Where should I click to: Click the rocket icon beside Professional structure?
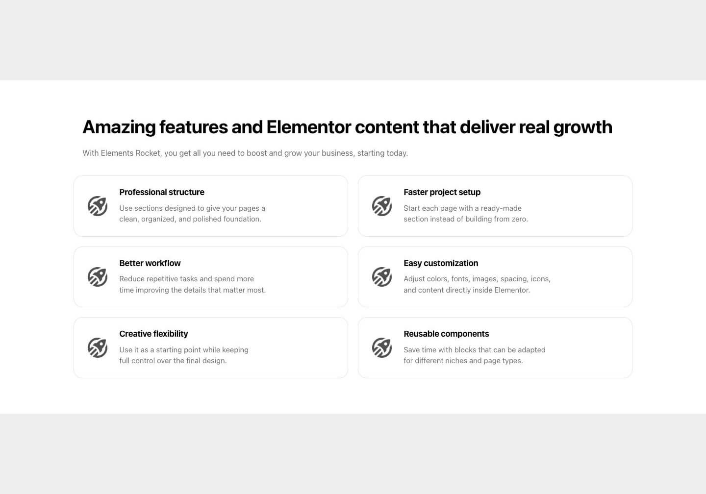(x=98, y=206)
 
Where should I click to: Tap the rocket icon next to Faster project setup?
(x=381, y=206)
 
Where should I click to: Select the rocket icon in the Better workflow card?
(x=98, y=277)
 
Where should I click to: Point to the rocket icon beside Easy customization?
(x=381, y=277)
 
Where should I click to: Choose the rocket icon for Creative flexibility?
(x=98, y=347)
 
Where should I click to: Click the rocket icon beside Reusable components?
(x=381, y=347)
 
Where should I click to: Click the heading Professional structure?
(x=162, y=192)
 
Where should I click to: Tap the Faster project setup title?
(x=442, y=192)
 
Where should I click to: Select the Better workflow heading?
(x=150, y=263)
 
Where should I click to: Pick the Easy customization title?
(x=441, y=263)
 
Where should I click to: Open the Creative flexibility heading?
(x=153, y=334)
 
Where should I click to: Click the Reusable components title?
(x=446, y=334)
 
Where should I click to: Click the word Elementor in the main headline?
(x=308, y=127)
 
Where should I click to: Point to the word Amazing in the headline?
(x=119, y=127)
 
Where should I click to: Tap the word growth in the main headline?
(x=583, y=127)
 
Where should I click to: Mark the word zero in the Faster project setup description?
(x=519, y=219)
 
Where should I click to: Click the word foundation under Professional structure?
(x=242, y=219)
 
